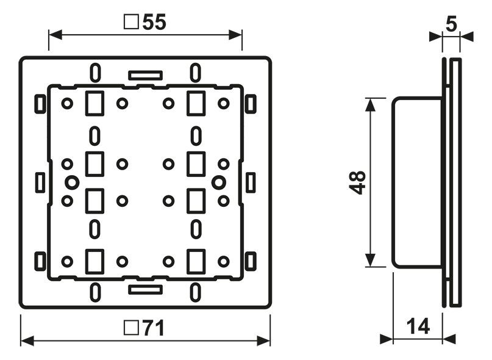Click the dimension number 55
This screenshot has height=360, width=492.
[x=154, y=22]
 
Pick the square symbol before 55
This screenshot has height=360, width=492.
[x=130, y=23]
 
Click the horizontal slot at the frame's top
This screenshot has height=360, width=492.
[x=145, y=76]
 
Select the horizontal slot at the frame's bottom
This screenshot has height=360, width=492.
[x=145, y=288]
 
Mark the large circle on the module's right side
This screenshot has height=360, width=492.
[x=218, y=182]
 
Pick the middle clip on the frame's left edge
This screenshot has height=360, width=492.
[x=40, y=182]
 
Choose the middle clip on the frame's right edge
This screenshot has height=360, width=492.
[x=250, y=182]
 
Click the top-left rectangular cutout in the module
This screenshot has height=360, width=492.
[x=94, y=103]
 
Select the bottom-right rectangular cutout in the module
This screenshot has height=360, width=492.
[x=196, y=261]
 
